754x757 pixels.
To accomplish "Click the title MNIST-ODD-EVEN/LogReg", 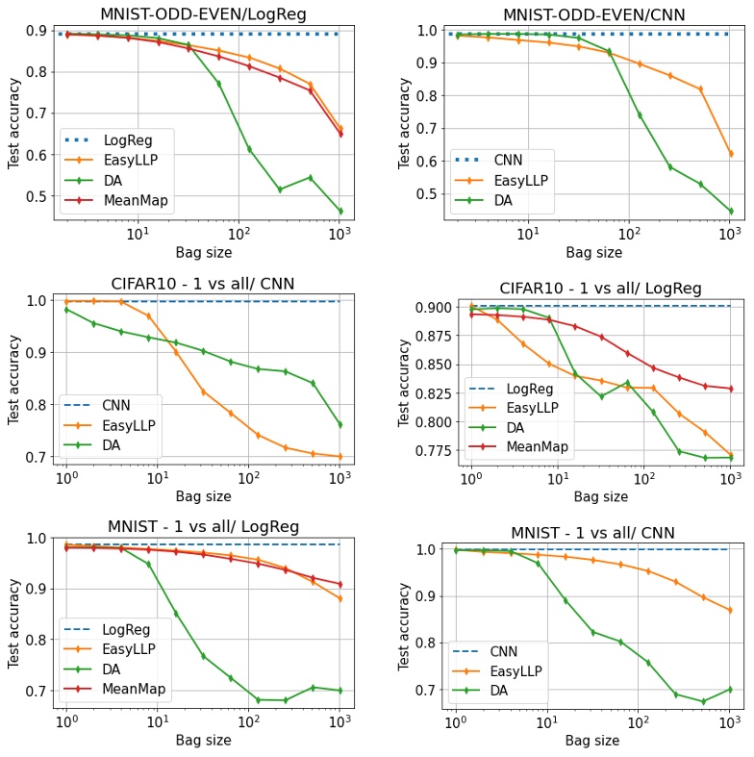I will click(x=198, y=13).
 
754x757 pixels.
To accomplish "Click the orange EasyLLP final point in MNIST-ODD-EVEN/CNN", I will click(x=730, y=153).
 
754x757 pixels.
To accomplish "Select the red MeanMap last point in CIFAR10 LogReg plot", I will click(x=730, y=389).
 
